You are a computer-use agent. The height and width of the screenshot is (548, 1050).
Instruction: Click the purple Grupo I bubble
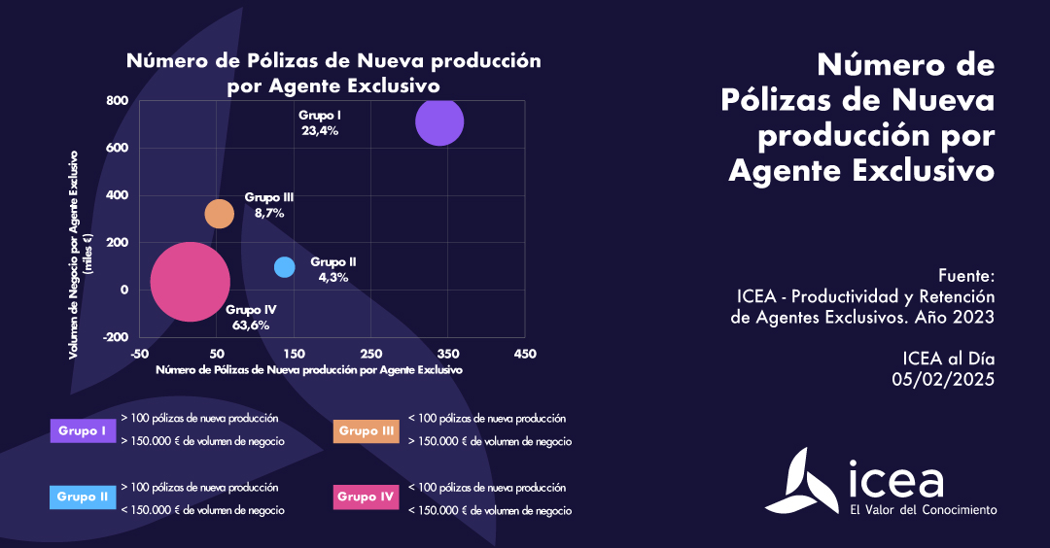pyautogui.click(x=439, y=121)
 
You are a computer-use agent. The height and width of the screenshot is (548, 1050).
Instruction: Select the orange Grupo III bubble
pyautogui.click(x=220, y=213)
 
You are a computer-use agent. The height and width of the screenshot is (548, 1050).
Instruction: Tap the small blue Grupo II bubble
pyautogui.click(x=284, y=266)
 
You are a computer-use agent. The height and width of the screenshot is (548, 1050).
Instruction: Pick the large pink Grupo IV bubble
pyautogui.click(x=191, y=282)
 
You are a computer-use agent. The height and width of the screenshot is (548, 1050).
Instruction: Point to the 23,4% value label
pyautogui.click(x=319, y=130)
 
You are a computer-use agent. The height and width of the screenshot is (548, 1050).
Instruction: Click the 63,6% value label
pyautogui.click(x=251, y=325)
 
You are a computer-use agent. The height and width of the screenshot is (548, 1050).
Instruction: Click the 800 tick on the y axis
pyautogui.click(x=117, y=101)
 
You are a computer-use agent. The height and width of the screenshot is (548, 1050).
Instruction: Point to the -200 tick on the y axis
pyautogui.click(x=115, y=337)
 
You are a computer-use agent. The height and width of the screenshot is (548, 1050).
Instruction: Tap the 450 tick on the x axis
pyautogui.click(x=525, y=354)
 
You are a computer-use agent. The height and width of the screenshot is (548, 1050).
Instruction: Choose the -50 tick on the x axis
pyautogui.click(x=140, y=354)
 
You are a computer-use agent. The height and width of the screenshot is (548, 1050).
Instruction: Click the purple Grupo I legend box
pyautogui.click(x=82, y=429)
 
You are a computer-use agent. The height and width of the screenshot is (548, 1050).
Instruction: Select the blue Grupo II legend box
pyautogui.click(x=82, y=497)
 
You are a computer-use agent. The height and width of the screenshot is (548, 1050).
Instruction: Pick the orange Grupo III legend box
pyautogui.click(x=366, y=430)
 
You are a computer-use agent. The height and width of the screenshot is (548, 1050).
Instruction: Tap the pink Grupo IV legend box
pyautogui.click(x=366, y=497)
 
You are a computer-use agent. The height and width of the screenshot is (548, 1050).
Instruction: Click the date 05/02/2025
pyautogui.click(x=943, y=380)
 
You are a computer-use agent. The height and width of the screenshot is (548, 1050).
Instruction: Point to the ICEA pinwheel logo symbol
pyautogui.click(x=802, y=481)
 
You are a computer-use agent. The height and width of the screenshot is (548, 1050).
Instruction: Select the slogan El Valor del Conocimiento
pyautogui.click(x=923, y=509)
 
